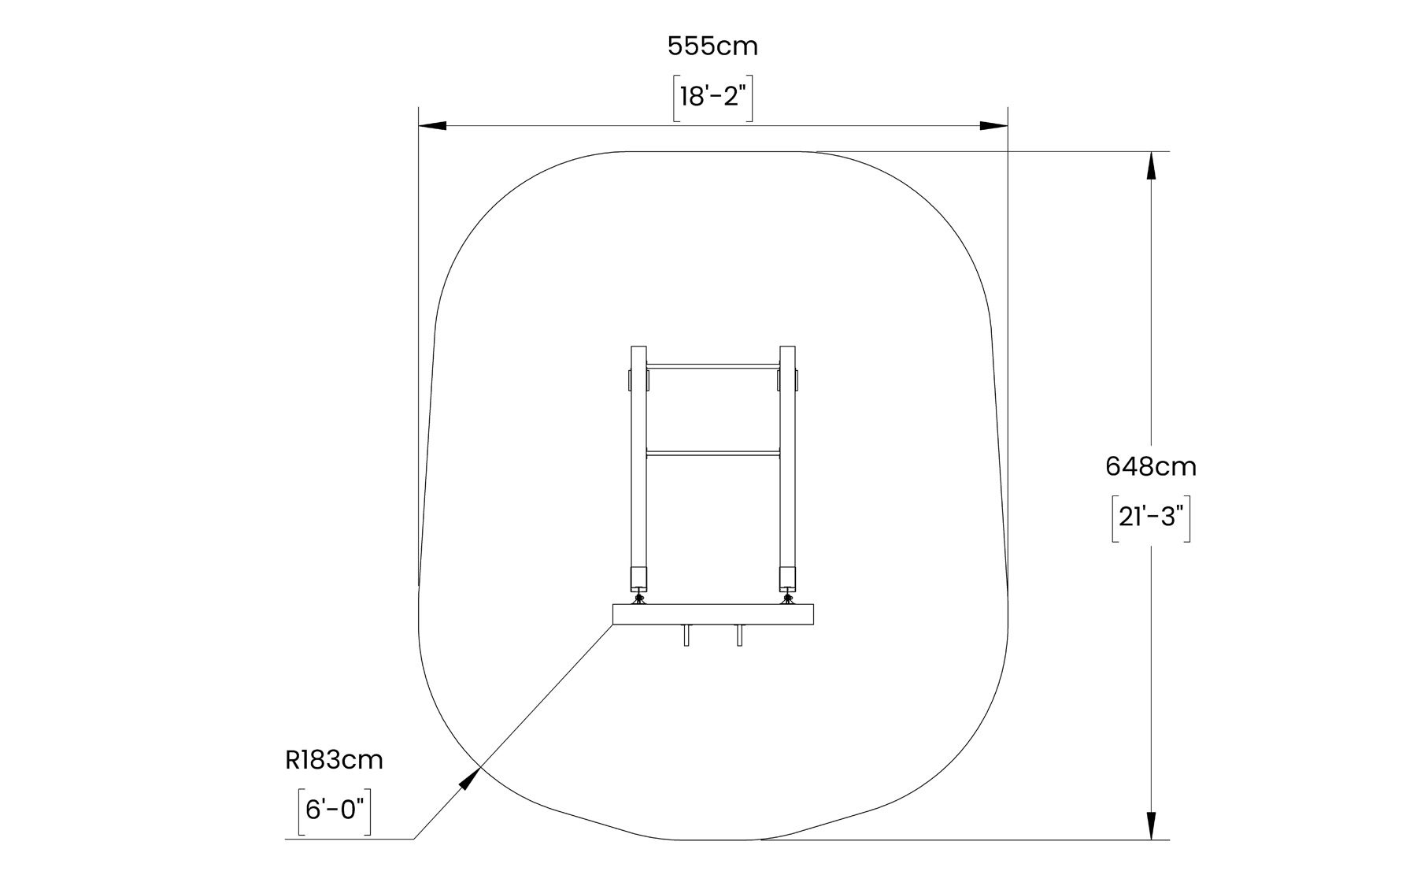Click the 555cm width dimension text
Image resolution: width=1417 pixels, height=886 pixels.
(x=712, y=46)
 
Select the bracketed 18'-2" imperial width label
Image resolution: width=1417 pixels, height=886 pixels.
(x=712, y=98)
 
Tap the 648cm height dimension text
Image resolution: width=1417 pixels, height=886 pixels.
(x=1150, y=467)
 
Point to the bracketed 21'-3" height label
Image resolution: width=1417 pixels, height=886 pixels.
(x=1150, y=518)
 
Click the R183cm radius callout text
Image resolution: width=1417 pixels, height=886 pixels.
(x=334, y=760)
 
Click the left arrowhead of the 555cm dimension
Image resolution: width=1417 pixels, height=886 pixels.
(x=432, y=125)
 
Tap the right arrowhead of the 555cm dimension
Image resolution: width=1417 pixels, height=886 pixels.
(x=993, y=125)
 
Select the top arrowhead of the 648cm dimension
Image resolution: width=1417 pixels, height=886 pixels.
(x=1151, y=165)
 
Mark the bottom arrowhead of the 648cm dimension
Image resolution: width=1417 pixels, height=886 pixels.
(x=1151, y=825)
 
